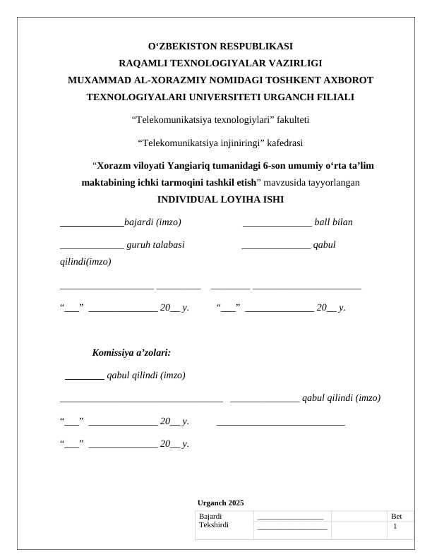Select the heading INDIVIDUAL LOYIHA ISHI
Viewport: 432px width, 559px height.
[x=220, y=199]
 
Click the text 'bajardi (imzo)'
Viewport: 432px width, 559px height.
[x=152, y=222]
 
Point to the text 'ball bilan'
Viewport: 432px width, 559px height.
[x=333, y=222]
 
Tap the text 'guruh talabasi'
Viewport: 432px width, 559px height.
[x=155, y=245]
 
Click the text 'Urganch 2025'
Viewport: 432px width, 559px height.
[x=221, y=503]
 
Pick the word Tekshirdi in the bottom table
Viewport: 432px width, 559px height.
[x=215, y=525]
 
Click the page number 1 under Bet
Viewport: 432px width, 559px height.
[x=395, y=527]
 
